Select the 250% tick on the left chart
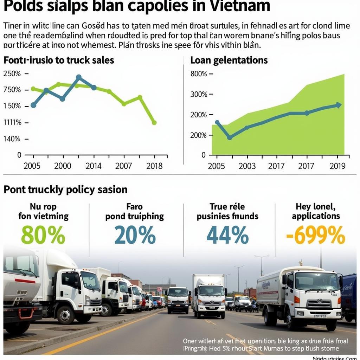coord(12,74)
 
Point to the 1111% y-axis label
coord(12,123)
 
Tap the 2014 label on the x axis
coord(93,166)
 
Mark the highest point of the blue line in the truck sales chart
coord(79,77)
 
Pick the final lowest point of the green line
coord(154,123)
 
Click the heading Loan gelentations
coord(229,60)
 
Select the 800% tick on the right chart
coord(199,74)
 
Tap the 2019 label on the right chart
coord(337,166)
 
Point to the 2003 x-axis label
coord(247,166)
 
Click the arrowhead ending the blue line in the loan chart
coord(339,105)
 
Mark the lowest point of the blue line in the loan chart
coord(230,137)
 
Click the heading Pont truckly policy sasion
coord(65,190)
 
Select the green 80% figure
coord(43,235)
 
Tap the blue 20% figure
coord(135,235)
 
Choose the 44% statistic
coord(227,235)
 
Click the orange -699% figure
coord(315,235)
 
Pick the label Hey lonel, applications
coord(316,211)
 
